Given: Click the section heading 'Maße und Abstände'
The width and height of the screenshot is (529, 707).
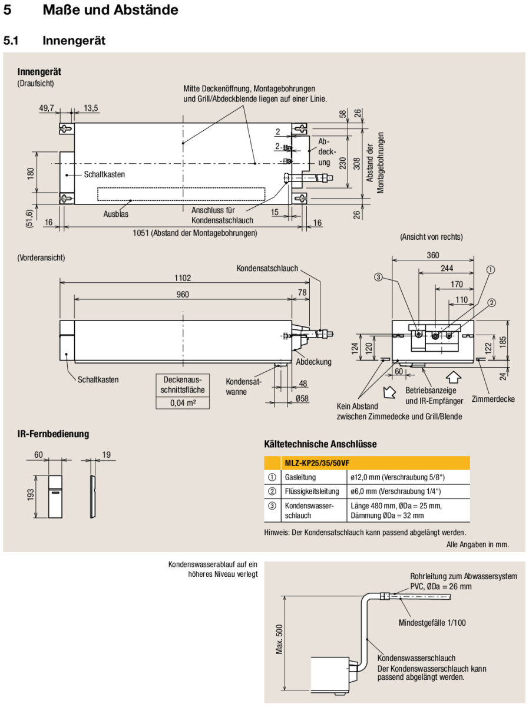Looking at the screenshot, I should coord(110,10).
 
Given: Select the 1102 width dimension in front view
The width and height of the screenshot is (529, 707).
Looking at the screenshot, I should coord(183,277).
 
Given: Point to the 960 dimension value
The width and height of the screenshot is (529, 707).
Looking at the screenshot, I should coord(183,294).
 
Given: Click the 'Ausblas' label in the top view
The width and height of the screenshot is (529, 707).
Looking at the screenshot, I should coord(116,214).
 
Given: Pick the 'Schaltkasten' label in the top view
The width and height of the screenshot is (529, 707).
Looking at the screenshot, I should coord(104,174).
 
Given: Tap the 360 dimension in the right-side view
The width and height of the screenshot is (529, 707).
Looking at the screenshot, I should coord(433,255).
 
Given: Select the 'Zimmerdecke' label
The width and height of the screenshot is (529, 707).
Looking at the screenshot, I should coord(493,399).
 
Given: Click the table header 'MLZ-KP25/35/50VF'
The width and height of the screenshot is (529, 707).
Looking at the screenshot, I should coord(322,463).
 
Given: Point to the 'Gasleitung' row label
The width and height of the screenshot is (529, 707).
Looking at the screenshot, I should coord(300,477).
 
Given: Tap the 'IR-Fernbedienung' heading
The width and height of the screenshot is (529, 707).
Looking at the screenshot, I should coord(53,434).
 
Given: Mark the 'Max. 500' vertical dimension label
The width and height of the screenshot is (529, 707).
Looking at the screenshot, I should coord(279,639).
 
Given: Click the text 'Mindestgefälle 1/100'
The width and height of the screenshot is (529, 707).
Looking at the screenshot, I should coord(432,622).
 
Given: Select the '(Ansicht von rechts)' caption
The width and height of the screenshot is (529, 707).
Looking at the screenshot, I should coord(431,237).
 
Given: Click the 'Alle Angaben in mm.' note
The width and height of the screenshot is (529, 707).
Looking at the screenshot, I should coord(477,544).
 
